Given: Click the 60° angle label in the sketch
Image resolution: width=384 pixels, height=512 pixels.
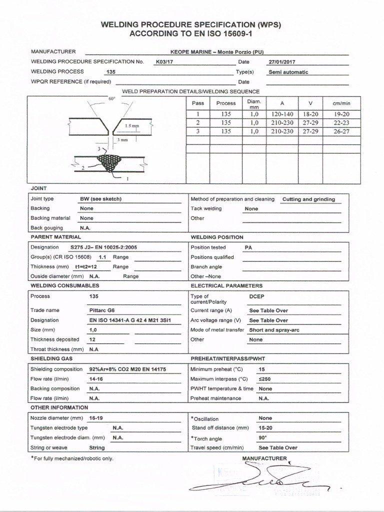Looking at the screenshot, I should point(111,99).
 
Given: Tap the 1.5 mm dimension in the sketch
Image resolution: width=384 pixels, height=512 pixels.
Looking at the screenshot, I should point(132,126).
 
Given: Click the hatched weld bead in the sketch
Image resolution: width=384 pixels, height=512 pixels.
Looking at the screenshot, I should point(109,161).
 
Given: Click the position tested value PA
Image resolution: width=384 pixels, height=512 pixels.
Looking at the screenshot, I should point(248,247).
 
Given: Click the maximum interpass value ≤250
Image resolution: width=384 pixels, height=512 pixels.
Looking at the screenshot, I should point(264,379).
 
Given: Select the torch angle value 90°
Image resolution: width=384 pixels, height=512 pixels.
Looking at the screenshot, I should point(263,437).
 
